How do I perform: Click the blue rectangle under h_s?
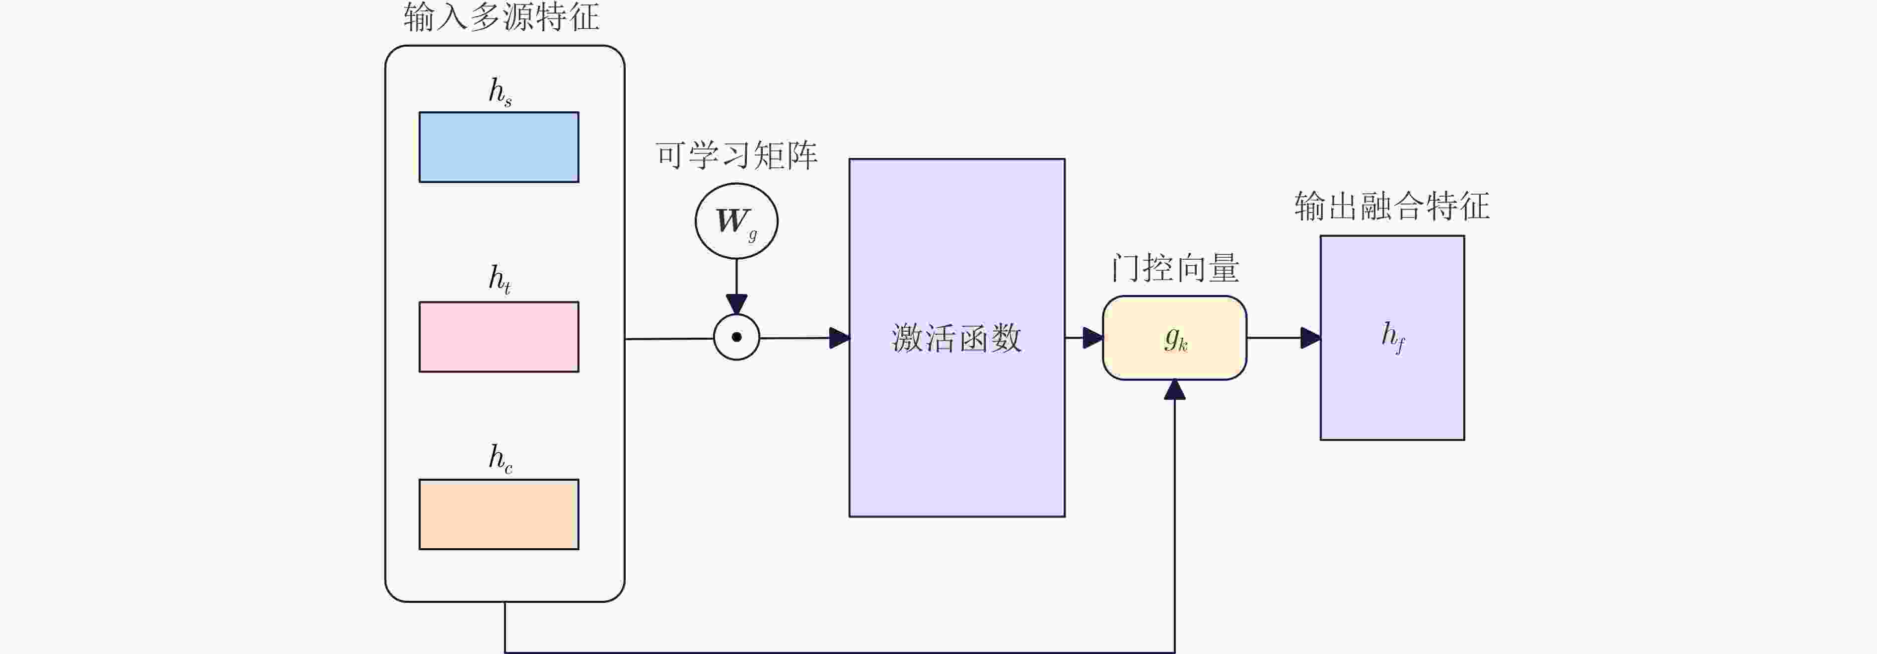499,147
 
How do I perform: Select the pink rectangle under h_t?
499,337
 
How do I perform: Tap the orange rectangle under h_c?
499,514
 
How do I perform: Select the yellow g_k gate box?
1174,338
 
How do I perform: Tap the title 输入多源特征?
502,17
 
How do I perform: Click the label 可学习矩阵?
737,155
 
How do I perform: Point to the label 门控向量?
1174,268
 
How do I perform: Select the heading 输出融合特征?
1392,206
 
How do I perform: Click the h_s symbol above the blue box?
500,92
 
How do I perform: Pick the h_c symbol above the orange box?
500,458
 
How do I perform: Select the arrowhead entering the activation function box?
839,338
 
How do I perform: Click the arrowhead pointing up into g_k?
1174,390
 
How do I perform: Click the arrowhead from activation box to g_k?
1092,338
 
